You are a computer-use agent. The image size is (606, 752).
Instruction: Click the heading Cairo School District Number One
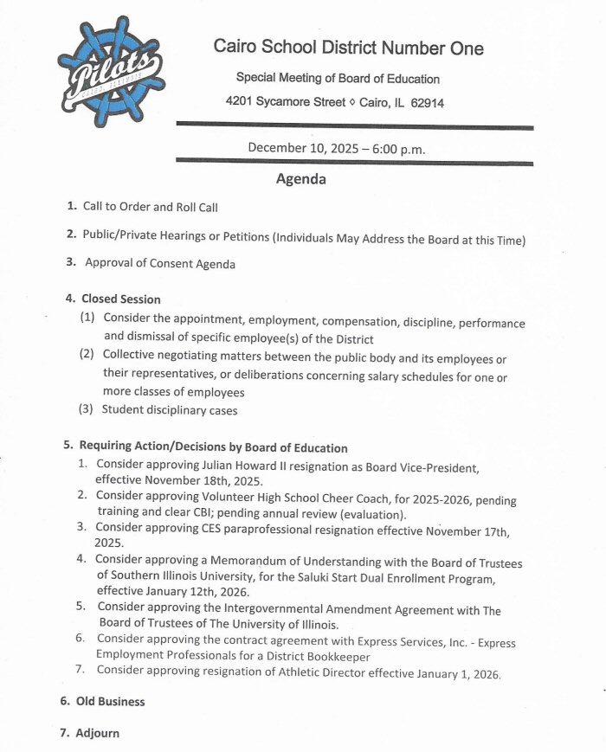pos(349,48)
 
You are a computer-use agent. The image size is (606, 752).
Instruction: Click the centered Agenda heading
pos(300,180)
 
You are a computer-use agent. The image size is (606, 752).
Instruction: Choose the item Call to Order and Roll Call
pos(150,207)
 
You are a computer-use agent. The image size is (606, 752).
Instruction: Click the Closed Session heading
pos(120,299)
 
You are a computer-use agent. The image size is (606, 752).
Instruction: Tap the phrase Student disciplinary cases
pos(170,410)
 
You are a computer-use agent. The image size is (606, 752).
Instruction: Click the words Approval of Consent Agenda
pos(159,262)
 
